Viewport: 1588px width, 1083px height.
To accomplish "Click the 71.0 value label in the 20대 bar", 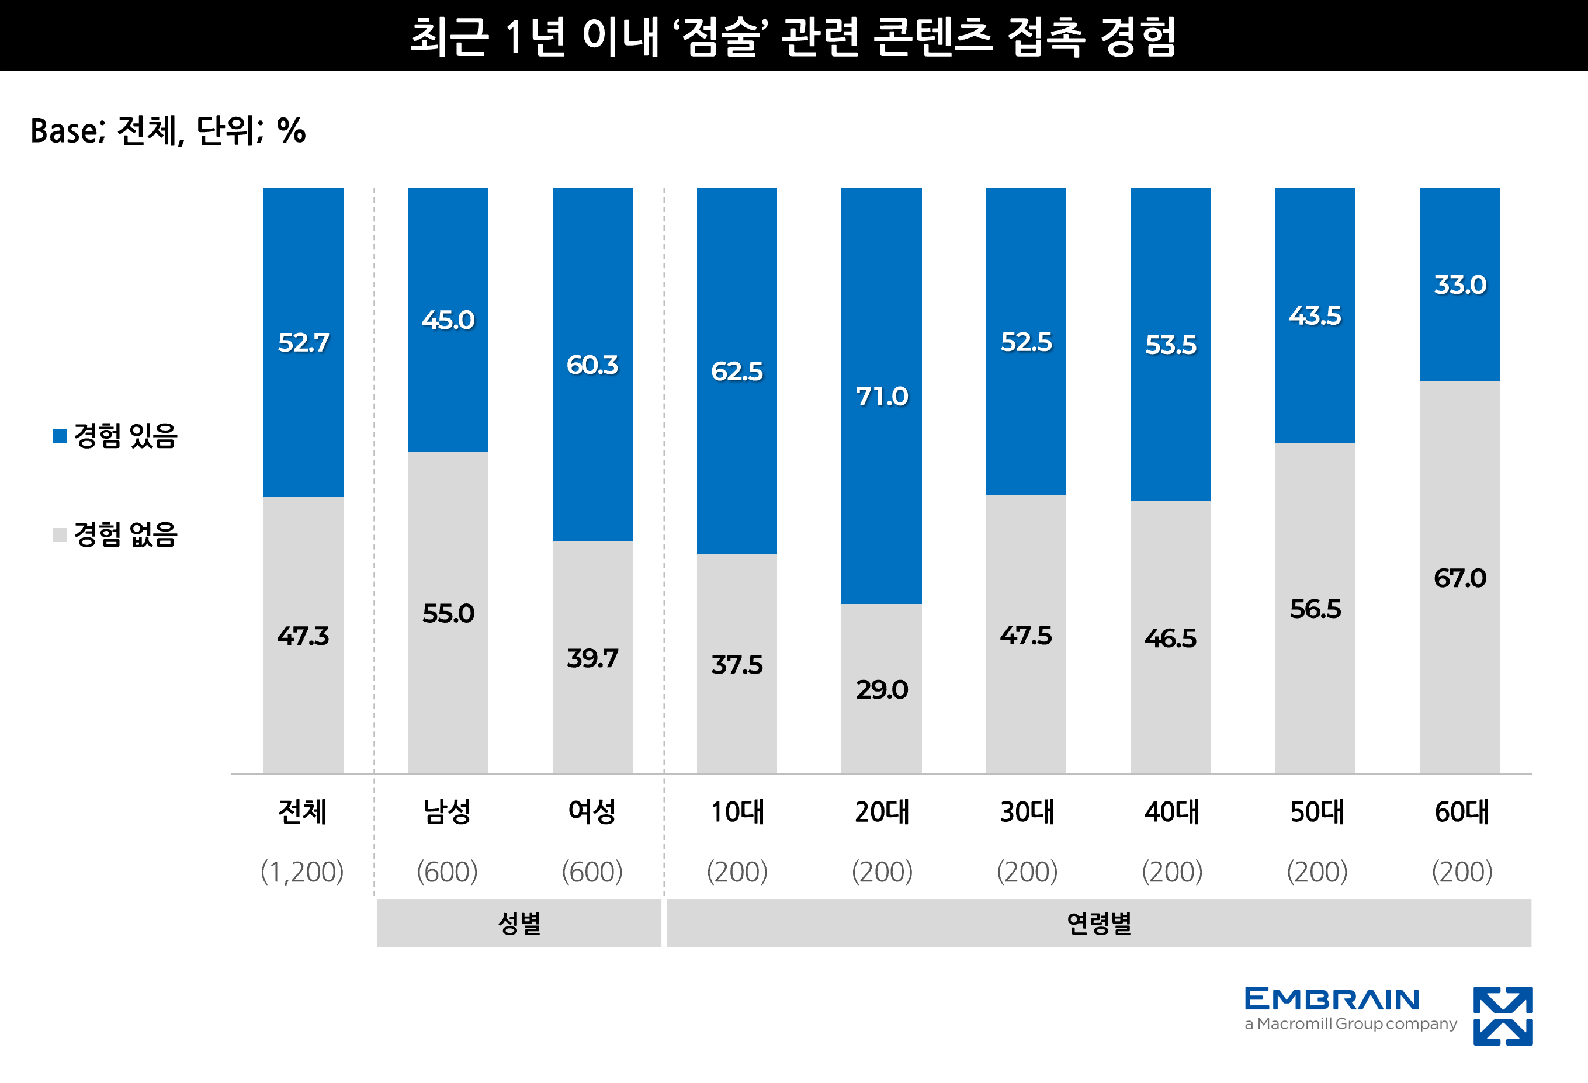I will click(x=882, y=396).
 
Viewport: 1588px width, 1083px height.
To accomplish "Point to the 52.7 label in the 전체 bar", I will click(x=303, y=342).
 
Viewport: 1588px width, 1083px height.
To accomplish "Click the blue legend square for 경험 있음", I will click(x=60, y=436).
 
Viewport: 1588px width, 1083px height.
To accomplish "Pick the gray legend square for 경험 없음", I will click(x=60, y=534).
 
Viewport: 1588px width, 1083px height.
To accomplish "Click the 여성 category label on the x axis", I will click(x=592, y=812).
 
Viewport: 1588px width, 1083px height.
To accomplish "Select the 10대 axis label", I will click(x=737, y=812).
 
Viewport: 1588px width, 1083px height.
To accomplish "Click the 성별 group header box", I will click(x=519, y=923).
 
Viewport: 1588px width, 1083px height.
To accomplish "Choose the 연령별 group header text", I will click(x=1099, y=923).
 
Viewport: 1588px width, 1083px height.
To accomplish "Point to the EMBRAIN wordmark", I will click(x=1332, y=999).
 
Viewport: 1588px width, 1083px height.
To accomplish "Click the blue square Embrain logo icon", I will click(x=1503, y=1015).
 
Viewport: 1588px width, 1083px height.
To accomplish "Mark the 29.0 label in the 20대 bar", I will click(x=882, y=689).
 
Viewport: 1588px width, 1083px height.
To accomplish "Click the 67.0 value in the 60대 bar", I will click(x=1459, y=578).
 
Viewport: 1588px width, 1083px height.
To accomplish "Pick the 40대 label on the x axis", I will click(x=1171, y=812).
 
